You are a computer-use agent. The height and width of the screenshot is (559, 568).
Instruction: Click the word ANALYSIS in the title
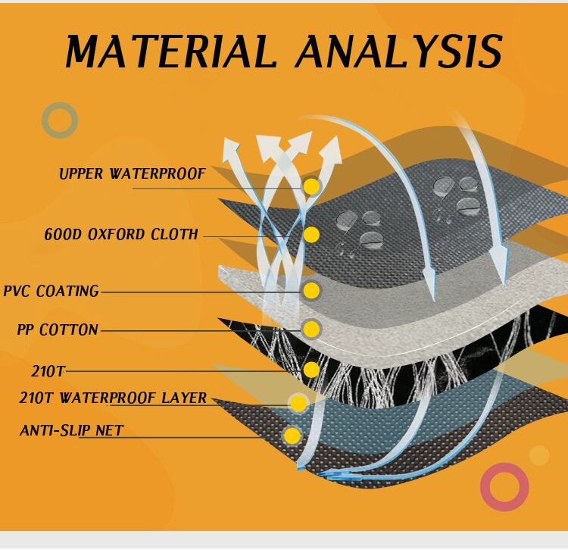399,51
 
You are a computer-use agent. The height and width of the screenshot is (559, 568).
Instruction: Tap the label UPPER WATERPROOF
133,174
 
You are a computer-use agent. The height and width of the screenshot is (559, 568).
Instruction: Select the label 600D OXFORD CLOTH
121,234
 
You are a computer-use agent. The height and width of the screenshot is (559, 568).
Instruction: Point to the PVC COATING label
51,292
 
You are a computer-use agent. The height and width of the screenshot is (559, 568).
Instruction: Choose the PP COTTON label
58,329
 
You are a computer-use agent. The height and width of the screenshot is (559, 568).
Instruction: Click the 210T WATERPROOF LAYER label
113,398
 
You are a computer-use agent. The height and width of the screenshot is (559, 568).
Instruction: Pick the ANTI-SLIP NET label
72,430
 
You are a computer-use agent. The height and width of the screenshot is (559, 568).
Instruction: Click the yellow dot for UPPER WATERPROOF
311,186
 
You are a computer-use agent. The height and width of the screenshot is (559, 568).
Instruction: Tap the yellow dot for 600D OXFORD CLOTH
311,235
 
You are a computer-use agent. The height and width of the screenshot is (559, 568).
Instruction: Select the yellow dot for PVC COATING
311,291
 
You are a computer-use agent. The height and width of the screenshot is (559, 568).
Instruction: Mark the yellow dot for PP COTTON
311,329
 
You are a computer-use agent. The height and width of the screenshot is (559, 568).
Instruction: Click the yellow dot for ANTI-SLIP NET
292,436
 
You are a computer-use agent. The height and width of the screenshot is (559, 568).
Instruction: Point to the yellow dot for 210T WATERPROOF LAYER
298,404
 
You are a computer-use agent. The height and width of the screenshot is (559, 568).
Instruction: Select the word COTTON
68,329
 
